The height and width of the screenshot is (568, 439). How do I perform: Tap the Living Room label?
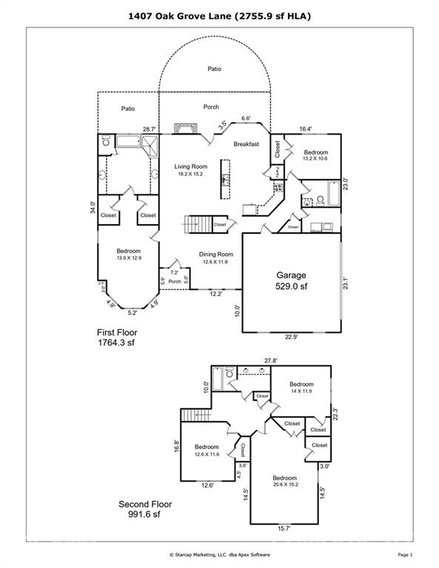click(x=190, y=167)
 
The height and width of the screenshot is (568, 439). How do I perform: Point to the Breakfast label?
click(x=246, y=143)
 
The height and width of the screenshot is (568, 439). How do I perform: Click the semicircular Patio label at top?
click(x=214, y=70)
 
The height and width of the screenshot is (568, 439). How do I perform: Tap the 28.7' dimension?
click(x=150, y=129)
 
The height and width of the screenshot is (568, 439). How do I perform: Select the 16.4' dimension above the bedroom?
click(x=306, y=129)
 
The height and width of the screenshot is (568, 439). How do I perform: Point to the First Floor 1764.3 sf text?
click(x=118, y=338)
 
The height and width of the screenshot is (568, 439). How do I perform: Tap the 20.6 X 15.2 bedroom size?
click(x=285, y=485)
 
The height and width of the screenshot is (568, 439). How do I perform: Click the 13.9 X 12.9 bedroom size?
click(x=128, y=257)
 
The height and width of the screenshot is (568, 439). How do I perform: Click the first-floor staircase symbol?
click(x=196, y=224)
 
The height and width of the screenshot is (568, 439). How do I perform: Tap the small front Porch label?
click(x=175, y=281)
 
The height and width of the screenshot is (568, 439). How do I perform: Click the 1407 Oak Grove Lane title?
click(x=219, y=14)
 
